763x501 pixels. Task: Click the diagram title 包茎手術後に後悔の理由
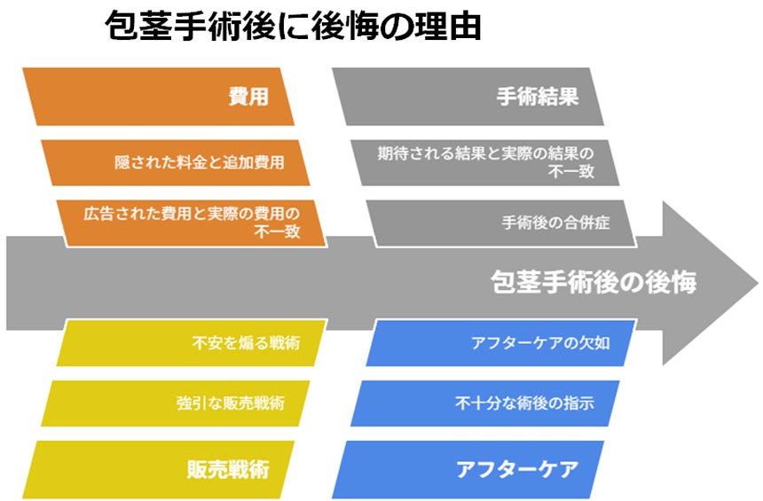(293, 26)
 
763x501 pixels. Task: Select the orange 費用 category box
(158, 97)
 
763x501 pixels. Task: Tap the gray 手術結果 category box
(468, 97)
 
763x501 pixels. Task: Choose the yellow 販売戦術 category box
(158, 469)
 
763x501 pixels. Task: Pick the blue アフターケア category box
(468, 469)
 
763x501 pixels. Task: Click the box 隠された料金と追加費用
(175, 162)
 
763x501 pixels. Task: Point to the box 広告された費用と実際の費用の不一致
(192, 223)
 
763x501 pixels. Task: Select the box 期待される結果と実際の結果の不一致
(484, 162)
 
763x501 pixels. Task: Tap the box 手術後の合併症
(501, 223)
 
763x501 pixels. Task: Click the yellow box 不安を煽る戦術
(192, 343)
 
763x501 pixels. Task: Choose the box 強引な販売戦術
(175, 403)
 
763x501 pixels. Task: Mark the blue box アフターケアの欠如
(501, 343)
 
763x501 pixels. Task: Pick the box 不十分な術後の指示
(484, 403)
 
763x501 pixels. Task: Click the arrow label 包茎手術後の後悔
(594, 282)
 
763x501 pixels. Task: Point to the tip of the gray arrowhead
(759, 283)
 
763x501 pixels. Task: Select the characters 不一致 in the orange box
(277, 231)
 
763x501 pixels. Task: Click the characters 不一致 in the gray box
(570, 171)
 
